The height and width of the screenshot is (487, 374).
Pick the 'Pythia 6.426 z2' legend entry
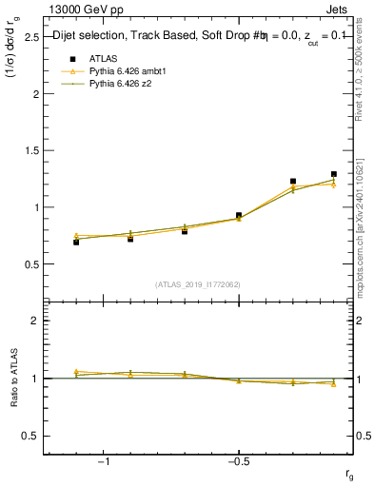[x=122, y=84]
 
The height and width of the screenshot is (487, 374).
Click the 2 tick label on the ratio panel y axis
[x=32, y=321]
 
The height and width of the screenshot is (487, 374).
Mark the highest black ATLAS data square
[x=333, y=174]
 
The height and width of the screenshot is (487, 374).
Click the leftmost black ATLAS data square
[x=76, y=243]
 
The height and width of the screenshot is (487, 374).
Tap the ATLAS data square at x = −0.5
[x=239, y=216]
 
